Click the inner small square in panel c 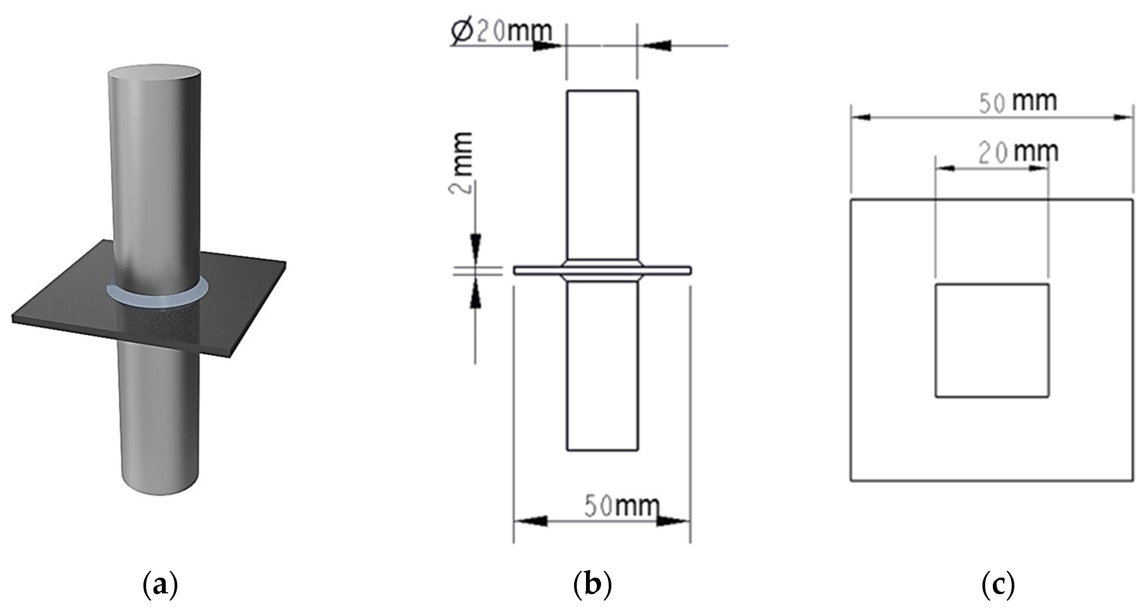pyautogui.click(x=992, y=340)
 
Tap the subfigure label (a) pyautogui.click(x=160, y=587)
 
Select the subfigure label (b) pyautogui.click(x=593, y=587)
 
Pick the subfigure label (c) pyautogui.click(x=998, y=587)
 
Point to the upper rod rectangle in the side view pyautogui.click(x=603, y=174)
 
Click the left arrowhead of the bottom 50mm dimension pyautogui.click(x=532, y=520)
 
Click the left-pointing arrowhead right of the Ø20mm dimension pyautogui.click(x=654, y=45)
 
